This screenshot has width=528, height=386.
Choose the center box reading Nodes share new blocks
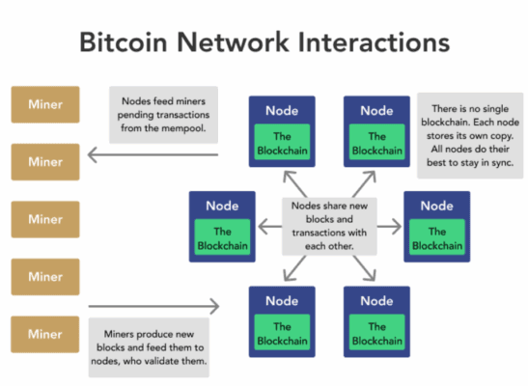coord(329,225)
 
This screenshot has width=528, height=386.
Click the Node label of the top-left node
coord(282,111)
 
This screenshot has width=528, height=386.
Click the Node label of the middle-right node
coord(436,206)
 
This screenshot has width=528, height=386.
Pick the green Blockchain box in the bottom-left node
coord(282,333)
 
